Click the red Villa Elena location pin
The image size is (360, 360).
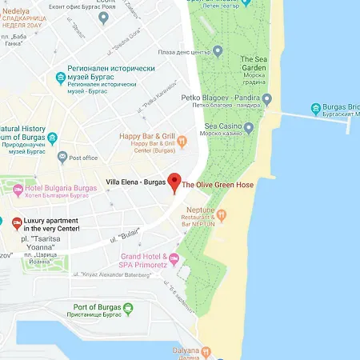[174, 181]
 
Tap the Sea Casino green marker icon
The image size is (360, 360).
[249, 127]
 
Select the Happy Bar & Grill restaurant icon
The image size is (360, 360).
[182, 142]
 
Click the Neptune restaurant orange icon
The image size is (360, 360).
[223, 214]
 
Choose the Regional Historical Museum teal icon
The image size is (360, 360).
[60, 77]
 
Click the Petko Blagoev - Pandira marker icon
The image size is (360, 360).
[266, 99]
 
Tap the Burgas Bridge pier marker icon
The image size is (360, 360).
[316, 108]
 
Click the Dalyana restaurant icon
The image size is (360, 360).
[206, 350]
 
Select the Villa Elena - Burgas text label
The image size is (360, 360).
[134, 182]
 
